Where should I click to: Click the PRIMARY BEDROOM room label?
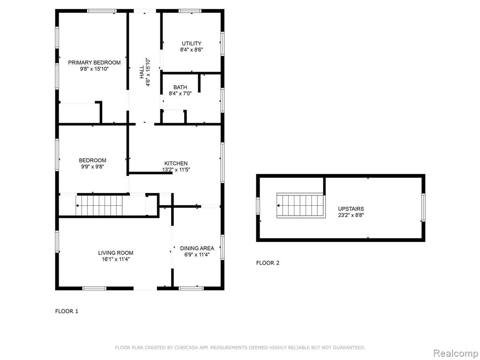(x=94, y=62)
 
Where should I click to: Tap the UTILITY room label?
(x=192, y=44)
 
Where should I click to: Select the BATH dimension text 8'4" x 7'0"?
(x=180, y=94)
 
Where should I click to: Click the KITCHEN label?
(x=176, y=164)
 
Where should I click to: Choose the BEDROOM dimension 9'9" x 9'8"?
(x=93, y=167)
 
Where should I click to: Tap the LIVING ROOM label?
(x=116, y=253)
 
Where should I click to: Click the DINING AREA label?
(x=197, y=248)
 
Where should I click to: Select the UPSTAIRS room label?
(x=351, y=209)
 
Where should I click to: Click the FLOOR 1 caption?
(x=67, y=311)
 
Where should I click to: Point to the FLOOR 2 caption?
(x=268, y=262)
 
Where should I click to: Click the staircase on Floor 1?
(x=99, y=206)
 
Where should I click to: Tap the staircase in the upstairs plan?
(x=300, y=205)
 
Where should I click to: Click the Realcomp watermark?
(x=456, y=353)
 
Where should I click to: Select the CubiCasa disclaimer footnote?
(x=240, y=347)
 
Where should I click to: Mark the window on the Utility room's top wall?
(x=190, y=11)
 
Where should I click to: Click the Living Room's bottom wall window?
(x=94, y=288)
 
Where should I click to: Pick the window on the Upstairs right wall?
(x=423, y=207)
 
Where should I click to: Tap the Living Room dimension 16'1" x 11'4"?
(x=116, y=259)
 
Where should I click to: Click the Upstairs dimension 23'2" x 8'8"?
(x=351, y=215)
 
